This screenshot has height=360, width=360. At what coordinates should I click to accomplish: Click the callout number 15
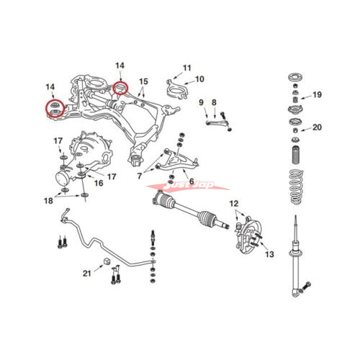(143, 81)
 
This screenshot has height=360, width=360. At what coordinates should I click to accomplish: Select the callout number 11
(187, 68)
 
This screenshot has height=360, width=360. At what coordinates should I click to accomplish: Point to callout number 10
(200, 79)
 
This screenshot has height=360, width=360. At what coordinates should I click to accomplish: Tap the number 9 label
(202, 102)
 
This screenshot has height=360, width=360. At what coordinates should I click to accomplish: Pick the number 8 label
(214, 102)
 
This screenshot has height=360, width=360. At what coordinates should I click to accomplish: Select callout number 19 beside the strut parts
(318, 95)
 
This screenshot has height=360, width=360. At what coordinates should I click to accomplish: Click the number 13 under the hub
(270, 254)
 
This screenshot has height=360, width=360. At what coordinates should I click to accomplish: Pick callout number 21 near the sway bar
(87, 274)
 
